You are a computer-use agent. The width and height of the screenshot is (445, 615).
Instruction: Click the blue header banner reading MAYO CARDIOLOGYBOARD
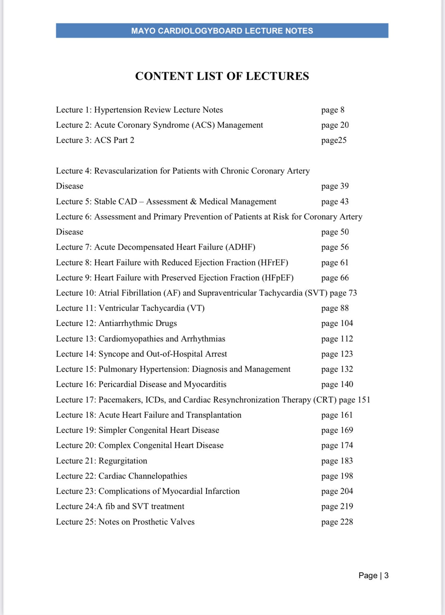click(x=222, y=31)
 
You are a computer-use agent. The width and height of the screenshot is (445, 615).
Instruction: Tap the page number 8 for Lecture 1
click(x=342, y=110)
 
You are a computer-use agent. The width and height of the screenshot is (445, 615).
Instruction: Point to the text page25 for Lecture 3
click(x=334, y=140)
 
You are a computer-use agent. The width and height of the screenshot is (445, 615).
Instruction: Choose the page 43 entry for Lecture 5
click(x=335, y=202)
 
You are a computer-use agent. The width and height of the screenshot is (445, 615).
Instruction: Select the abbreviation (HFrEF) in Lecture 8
click(x=273, y=263)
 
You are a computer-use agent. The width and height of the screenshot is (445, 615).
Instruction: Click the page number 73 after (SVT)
click(x=353, y=293)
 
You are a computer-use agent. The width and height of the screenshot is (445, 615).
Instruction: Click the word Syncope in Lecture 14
click(x=114, y=354)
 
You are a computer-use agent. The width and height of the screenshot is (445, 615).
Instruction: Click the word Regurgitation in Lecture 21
click(x=123, y=461)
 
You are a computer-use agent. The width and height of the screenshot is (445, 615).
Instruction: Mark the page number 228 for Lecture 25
click(x=346, y=522)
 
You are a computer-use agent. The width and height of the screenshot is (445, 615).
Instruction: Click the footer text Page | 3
click(x=373, y=575)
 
